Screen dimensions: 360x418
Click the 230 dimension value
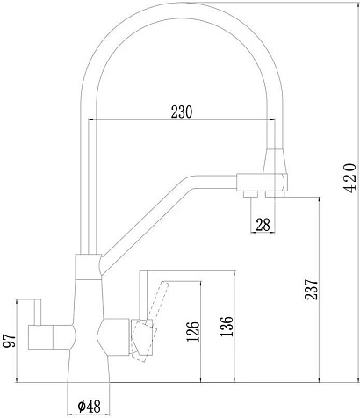coord(182,112)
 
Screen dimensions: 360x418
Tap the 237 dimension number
coord(311,290)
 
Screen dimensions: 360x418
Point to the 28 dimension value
coord(263,225)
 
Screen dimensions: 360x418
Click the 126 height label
coord(192,331)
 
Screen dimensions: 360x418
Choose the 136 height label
coord(227,327)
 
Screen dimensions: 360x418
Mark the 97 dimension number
coord(9,341)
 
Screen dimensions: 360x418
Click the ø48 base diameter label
coord(90,406)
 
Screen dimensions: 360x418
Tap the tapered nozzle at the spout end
coord(275,162)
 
